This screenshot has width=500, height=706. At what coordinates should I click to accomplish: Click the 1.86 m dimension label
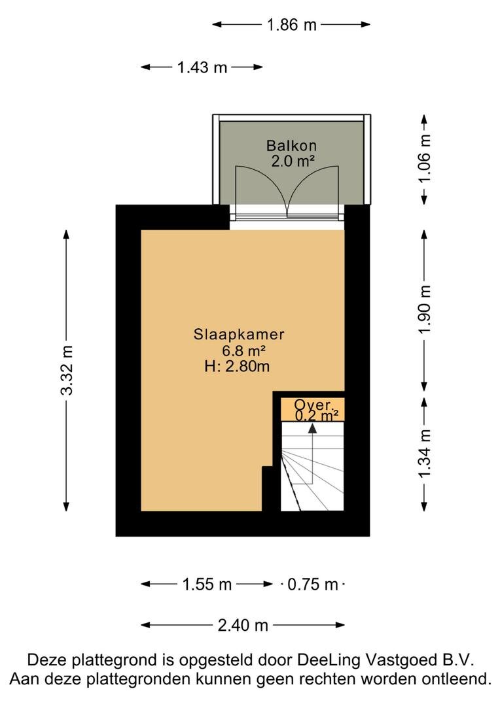(x=292, y=24)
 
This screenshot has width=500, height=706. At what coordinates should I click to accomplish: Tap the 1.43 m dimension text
(x=202, y=67)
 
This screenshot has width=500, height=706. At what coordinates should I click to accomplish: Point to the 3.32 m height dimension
(x=66, y=371)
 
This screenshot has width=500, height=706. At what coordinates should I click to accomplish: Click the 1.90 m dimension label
(x=424, y=310)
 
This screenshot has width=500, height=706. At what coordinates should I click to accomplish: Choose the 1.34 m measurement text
(x=424, y=454)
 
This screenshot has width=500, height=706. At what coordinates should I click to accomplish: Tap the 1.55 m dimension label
(x=207, y=584)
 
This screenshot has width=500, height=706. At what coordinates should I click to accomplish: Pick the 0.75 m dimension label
(x=313, y=584)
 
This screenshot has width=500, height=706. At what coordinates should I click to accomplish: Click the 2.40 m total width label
(x=243, y=625)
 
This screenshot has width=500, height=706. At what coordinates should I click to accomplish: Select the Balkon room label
(x=291, y=145)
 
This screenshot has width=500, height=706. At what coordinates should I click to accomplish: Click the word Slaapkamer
(x=239, y=335)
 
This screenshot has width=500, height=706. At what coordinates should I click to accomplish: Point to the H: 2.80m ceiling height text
(x=237, y=366)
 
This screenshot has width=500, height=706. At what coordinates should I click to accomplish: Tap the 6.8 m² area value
(x=243, y=350)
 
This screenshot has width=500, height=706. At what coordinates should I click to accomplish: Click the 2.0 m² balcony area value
(x=292, y=161)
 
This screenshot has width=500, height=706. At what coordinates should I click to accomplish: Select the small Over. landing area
(x=313, y=409)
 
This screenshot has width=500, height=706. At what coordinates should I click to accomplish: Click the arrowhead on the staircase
(x=312, y=428)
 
